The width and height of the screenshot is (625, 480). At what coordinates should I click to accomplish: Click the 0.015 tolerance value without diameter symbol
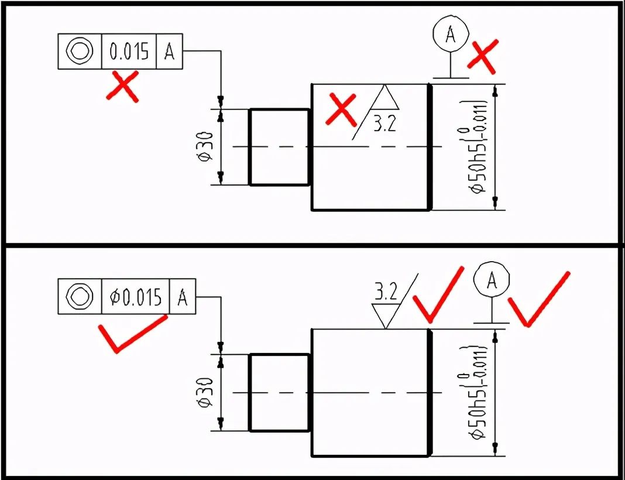pyautogui.click(x=129, y=52)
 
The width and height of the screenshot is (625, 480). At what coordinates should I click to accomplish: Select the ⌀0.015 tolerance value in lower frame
pyautogui.click(x=135, y=297)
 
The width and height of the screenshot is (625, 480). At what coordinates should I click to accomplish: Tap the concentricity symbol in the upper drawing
pyautogui.click(x=80, y=52)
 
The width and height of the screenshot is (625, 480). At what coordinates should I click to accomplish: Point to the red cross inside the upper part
pyautogui.click(x=342, y=109)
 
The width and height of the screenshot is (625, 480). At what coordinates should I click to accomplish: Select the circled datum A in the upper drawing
pyautogui.click(x=450, y=35)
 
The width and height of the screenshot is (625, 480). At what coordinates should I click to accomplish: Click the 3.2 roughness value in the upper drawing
pyautogui.click(x=384, y=125)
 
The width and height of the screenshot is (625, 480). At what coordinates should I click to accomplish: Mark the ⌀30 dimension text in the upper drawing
pyautogui.click(x=205, y=146)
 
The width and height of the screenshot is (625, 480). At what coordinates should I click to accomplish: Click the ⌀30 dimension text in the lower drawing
pyautogui.click(x=205, y=392)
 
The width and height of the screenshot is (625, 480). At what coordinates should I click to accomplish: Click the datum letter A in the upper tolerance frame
pyautogui.click(x=170, y=52)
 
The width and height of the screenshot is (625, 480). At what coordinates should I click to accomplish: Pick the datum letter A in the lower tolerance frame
pyautogui.click(x=183, y=297)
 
